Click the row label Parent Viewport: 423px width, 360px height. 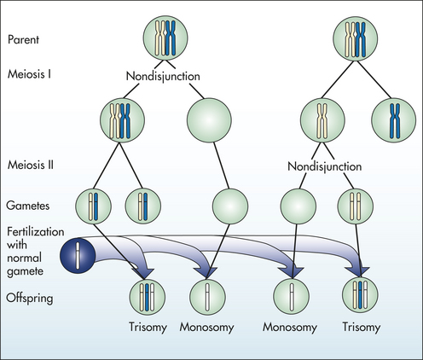pos(23,40)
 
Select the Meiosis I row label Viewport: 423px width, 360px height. pos(29,74)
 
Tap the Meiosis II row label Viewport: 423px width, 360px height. pos(31,165)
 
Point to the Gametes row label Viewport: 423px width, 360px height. pos(28,206)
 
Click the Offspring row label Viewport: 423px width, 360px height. pos(30,299)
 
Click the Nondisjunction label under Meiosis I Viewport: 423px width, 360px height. pos(163,77)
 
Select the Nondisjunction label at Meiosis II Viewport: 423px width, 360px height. pos(325,166)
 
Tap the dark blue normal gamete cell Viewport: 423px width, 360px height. pos(78,256)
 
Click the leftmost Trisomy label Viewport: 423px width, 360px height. pos(148,327)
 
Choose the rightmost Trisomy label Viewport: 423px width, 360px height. pos(362,327)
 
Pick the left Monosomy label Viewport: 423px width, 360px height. pos(206,327)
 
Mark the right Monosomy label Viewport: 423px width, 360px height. pos(290,327)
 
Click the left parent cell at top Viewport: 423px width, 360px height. pos(165,38)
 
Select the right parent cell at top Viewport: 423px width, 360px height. pos(356,38)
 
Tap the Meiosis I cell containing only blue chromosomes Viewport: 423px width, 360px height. pos(394,120)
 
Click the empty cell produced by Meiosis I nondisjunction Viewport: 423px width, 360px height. pos(209,120)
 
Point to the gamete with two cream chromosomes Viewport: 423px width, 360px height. pos(355,206)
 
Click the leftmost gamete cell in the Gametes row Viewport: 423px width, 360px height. pos(93,206)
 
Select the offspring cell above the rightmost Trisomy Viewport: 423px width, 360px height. pos(360,295)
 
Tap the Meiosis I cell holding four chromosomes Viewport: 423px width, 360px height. pos(122,120)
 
